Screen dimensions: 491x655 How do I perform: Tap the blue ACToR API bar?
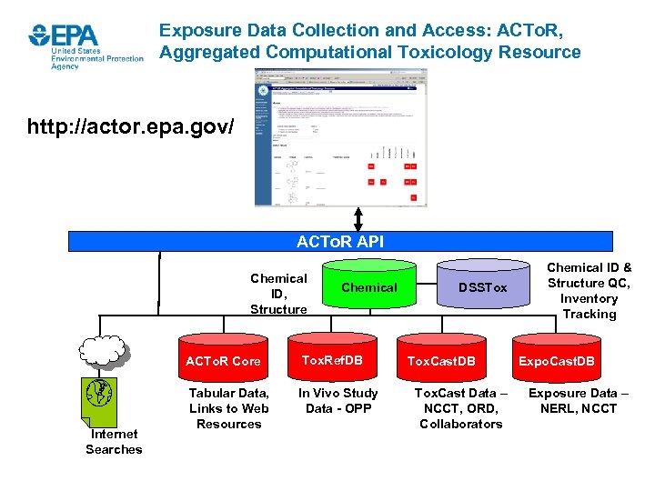(340, 241)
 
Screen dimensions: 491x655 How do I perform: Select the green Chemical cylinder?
(368, 287)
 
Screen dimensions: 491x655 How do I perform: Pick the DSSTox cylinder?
(482, 287)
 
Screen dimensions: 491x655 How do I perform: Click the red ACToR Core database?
(223, 361)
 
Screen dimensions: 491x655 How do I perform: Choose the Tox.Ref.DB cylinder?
(332, 360)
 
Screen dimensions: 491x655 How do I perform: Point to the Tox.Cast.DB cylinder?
(441, 361)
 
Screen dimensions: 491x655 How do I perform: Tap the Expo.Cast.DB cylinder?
(556, 361)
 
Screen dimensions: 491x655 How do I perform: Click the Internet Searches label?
(114, 442)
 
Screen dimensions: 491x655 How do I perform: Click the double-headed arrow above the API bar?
(358, 219)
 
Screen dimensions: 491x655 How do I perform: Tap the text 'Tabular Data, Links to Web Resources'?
(228, 408)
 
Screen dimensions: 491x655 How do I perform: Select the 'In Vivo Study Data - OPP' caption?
(338, 401)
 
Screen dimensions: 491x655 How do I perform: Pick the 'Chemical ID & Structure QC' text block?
(589, 291)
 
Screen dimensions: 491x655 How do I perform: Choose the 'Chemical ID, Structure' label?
(278, 294)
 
